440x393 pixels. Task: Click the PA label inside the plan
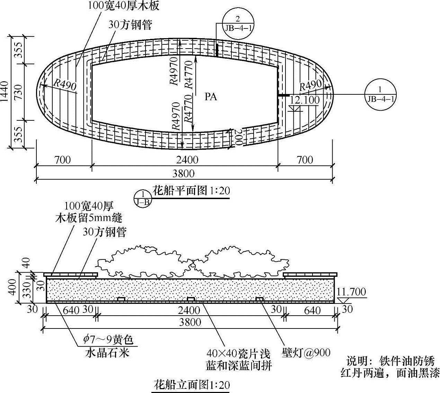click(211, 96)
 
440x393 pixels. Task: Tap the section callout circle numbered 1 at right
click(381, 94)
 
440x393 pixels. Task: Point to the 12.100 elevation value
click(305, 100)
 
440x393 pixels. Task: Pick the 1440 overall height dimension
click(5, 92)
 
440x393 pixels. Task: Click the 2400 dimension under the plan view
click(187, 160)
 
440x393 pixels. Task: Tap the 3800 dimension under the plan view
click(184, 173)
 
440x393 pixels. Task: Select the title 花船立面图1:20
click(191, 385)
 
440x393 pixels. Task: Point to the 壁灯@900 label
click(306, 353)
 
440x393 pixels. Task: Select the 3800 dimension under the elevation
click(190, 322)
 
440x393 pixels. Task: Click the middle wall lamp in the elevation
click(191, 299)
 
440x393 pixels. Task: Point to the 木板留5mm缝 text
click(89, 218)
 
